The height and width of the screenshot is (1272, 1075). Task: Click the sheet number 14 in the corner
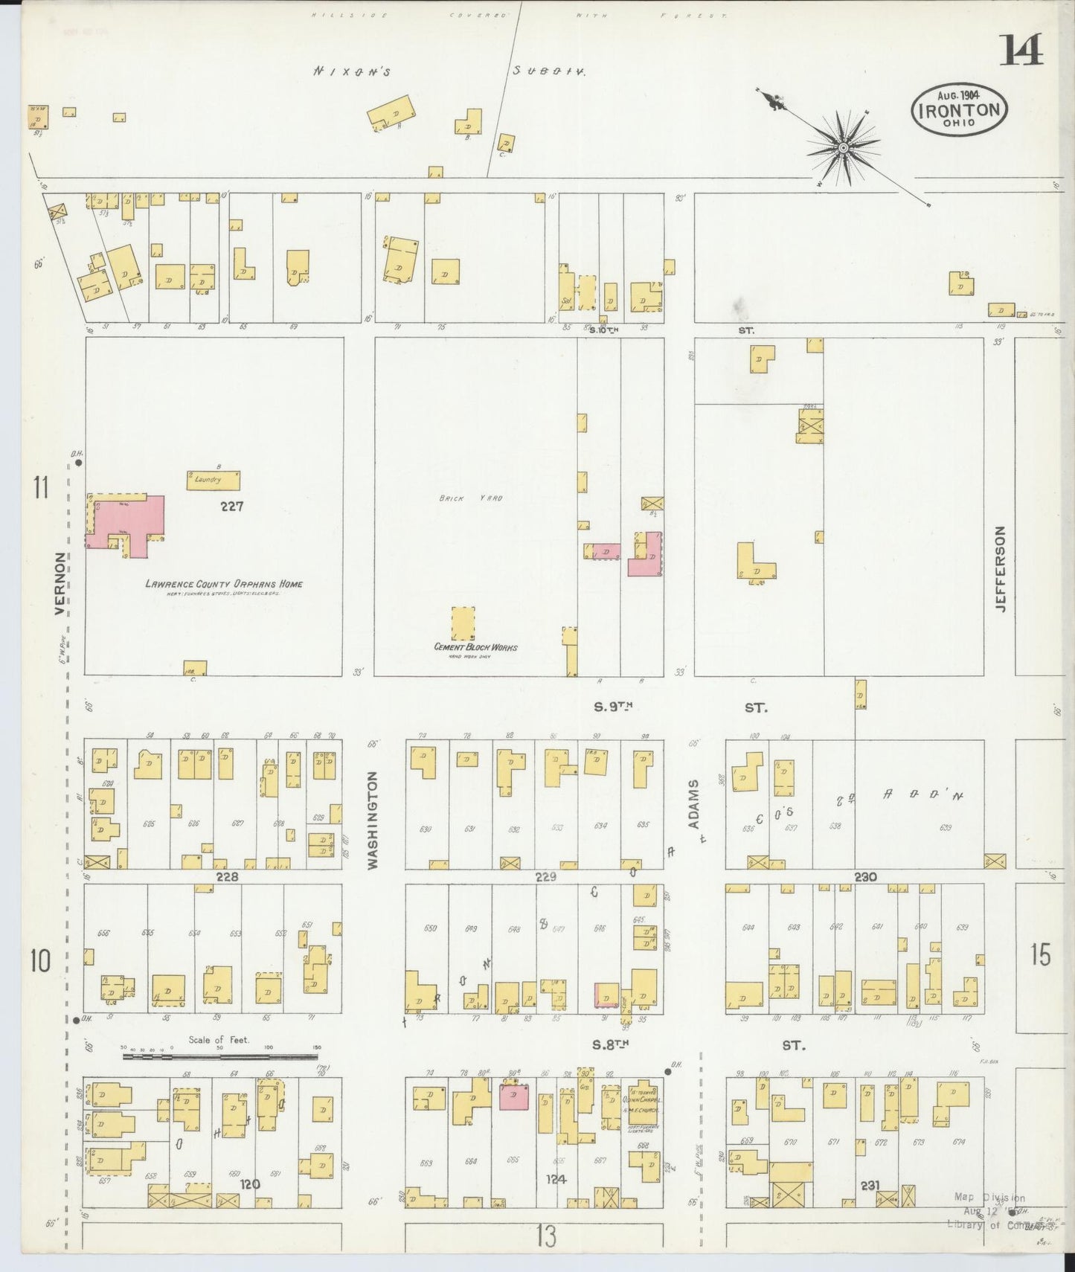[1021, 50]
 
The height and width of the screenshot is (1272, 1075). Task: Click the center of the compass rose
[843, 148]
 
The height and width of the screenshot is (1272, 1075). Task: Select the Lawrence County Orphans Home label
[223, 584]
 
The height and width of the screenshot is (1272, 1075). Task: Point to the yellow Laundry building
[213, 481]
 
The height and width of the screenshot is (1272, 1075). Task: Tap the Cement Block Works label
[475, 646]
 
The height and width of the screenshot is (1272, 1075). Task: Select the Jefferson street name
[1000, 568]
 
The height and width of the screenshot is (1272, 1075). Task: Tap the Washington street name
[373, 819]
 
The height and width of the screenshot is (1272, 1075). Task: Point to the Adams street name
[693, 804]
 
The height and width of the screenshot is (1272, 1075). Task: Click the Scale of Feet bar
[220, 1055]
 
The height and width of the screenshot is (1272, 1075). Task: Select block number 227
[232, 507]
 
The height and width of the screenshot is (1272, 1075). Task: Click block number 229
[545, 877]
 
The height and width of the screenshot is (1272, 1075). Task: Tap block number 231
[870, 1206]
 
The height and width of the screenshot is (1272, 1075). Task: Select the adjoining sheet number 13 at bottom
[545, 1237]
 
